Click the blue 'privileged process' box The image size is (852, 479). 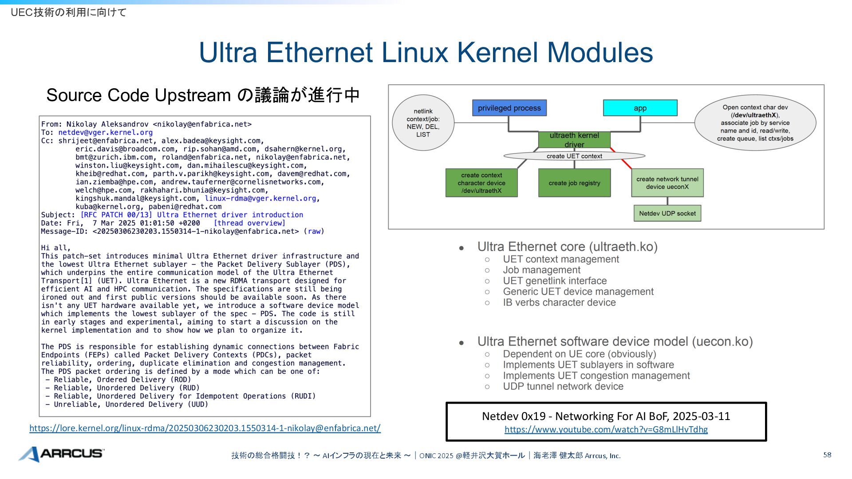[509, 108]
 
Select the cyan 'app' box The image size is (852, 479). [640, 108]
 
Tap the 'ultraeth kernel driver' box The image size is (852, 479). [574, 140]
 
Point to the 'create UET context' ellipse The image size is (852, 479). [574, 156]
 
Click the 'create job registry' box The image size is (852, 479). [574, 183]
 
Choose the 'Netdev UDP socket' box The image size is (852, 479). [667, 213]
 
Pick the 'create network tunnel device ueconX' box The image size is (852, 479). [667, 183]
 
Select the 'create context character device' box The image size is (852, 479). [481, 183]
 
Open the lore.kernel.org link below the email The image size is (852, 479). [205, 428]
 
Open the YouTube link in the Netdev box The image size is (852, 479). [606, 429]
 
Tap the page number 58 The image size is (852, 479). [827, 455]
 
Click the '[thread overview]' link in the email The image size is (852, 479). [249, 223]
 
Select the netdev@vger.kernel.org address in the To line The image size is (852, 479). [106, 132]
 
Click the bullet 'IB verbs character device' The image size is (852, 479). [559, 302]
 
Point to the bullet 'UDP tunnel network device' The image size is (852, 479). [563, 386]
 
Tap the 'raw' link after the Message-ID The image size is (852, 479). [314, 231]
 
